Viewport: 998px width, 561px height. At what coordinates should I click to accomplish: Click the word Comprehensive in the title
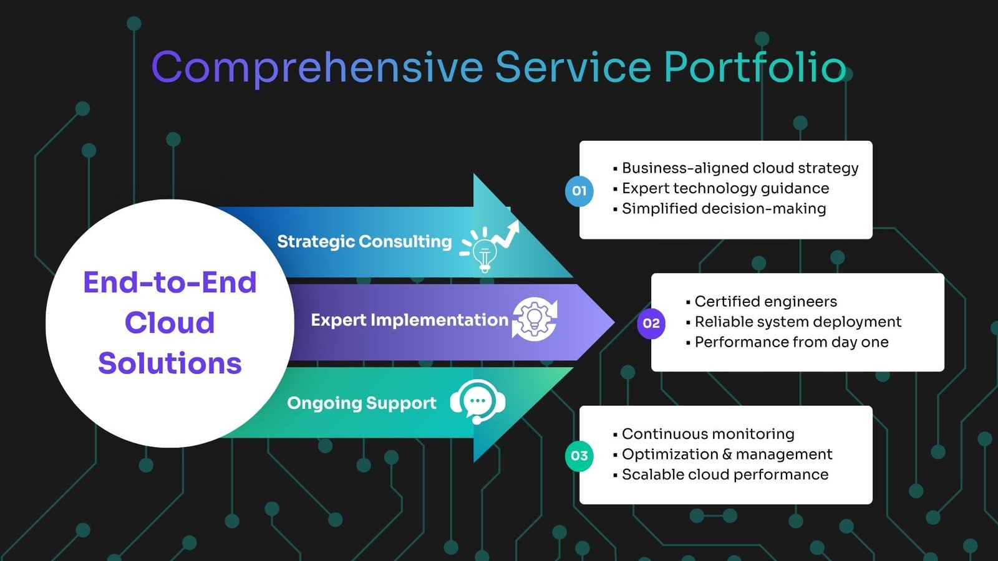(317, 68)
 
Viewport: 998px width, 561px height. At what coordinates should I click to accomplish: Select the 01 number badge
(579, 191)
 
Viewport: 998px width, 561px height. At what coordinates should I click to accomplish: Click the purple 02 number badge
(651, 324)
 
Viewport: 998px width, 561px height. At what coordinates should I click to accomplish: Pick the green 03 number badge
(579, 456)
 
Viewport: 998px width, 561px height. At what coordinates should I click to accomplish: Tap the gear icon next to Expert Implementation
(535, 320)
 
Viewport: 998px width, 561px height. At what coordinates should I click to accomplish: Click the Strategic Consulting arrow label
(364, 242)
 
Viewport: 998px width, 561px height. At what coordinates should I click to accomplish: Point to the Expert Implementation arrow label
(409, 320)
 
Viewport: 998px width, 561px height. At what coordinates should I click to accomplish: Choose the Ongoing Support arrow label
(362, 403)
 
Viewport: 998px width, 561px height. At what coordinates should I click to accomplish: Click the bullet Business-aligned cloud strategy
(735, 168)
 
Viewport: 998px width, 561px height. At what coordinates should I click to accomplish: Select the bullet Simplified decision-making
(720, 209)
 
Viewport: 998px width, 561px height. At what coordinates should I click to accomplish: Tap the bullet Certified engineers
(762, 302)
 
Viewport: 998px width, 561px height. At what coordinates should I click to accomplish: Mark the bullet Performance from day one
(787, 342)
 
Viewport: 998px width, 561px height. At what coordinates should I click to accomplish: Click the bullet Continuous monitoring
(704, 434)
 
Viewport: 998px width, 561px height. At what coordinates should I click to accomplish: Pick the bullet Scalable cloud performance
(720, 474)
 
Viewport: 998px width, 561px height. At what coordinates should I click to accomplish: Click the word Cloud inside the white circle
(170, 323)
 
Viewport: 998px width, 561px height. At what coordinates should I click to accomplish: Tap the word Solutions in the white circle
(170, 363)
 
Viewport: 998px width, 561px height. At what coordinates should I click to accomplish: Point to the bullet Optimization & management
(722, 454)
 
